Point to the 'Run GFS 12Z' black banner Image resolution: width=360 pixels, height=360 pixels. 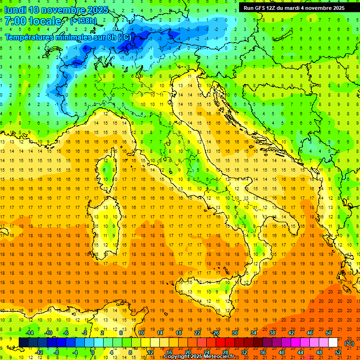pos(294,7)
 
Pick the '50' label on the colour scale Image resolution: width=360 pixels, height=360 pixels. pos(328,333)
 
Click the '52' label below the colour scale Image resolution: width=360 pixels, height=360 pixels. pos(338,352)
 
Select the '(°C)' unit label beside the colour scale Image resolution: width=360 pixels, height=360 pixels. pos(349,343)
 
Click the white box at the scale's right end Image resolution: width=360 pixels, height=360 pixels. pos(333,343)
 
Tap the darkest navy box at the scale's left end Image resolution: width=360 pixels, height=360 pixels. pos(23,343)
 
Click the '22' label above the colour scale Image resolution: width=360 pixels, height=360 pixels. pos(197,333)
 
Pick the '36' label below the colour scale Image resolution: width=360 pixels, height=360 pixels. pos(263,352)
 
